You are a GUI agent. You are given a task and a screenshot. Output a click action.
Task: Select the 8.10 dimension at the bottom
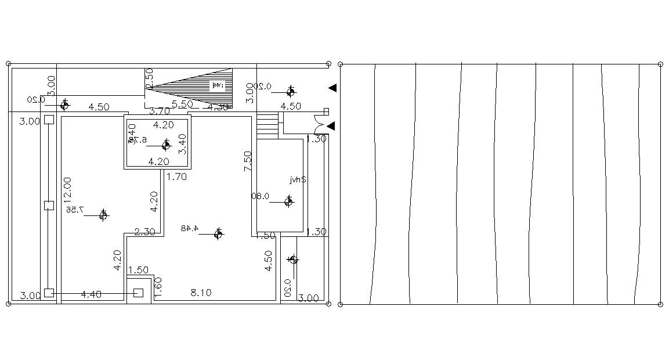pos(201,293)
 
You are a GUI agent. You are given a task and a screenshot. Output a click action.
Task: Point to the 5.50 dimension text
pos(183,104)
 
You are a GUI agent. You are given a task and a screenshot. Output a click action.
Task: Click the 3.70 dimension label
pos(160,111)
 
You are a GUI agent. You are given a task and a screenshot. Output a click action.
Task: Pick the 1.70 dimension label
pos(176,177)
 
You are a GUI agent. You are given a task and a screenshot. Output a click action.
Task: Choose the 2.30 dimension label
pos(144,232)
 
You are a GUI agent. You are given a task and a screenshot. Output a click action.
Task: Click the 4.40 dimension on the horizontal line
pos(91,294)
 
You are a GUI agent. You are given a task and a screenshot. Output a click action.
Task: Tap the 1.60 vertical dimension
pos(158,288)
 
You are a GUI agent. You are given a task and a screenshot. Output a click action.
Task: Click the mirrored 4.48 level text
pos(189,228)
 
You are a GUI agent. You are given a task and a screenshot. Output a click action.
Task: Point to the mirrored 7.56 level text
pos(75,209)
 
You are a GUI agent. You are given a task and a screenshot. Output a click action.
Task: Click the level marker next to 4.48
pos(218,234)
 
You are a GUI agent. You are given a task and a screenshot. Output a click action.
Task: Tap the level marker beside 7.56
pos(103,215)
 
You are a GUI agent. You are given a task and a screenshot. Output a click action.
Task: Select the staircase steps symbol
pos(267,124)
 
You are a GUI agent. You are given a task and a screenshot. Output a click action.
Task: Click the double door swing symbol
pos(319,124)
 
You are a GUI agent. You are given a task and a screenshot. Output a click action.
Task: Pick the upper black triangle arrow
pos(332,88)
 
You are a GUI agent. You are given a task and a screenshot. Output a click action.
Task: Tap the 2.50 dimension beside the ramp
pos(149,78)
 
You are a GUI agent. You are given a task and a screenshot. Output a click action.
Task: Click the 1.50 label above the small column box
pos(138,270)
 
